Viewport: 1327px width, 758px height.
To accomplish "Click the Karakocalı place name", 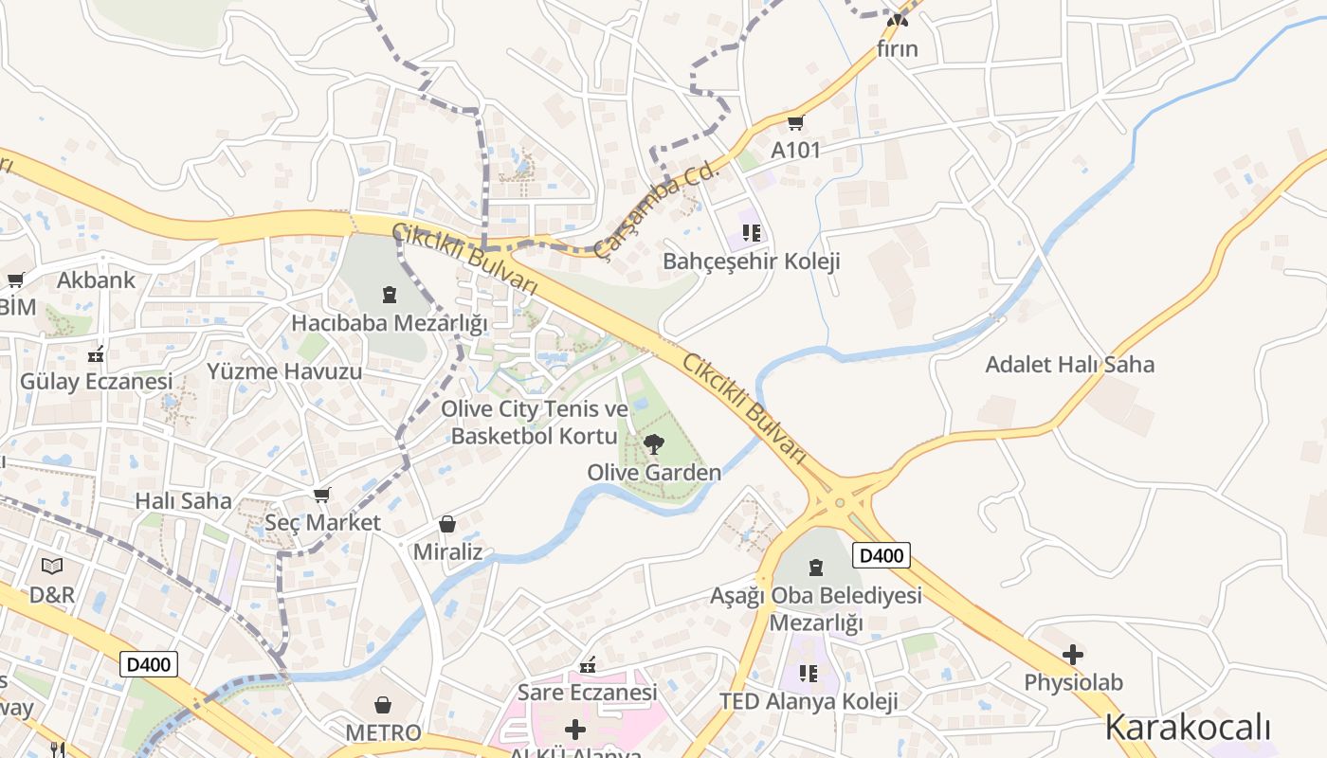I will (x=1188, y=728).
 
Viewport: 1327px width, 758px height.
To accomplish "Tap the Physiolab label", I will (x=1073, y=682).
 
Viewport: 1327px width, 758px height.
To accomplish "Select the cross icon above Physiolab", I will (x=1073, y=655).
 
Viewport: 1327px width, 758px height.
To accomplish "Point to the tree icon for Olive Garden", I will (x=653, y=444).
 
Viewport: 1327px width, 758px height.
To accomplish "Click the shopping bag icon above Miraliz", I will (x=447, y=524).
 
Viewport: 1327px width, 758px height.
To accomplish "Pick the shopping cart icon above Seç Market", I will (x=322, y=495).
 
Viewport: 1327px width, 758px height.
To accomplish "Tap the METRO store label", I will (x=383, y=732).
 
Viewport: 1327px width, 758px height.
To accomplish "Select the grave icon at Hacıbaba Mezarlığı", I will (x=389, y=295).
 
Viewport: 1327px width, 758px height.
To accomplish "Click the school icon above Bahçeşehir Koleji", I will (x=752, y=233).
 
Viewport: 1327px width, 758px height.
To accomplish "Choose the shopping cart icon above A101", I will (x=796, y=122).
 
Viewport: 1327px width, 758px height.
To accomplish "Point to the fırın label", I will (x=898, y=48).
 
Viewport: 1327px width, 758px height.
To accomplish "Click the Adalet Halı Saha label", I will (x=1070, y=365).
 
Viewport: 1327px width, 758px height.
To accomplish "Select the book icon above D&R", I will (x=52, y=567).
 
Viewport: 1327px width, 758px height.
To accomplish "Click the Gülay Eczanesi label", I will (x=97, y=382).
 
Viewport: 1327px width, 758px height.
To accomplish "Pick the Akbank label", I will (x=97, y=280).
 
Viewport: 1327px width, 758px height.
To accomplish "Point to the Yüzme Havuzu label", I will (x=284, y=371).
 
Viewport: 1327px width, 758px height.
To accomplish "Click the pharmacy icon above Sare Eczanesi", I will (x=588, y=665).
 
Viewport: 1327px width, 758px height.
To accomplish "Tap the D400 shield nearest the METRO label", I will (x=149, y=665).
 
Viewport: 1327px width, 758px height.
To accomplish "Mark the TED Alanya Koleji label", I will (x=809, y=702).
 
